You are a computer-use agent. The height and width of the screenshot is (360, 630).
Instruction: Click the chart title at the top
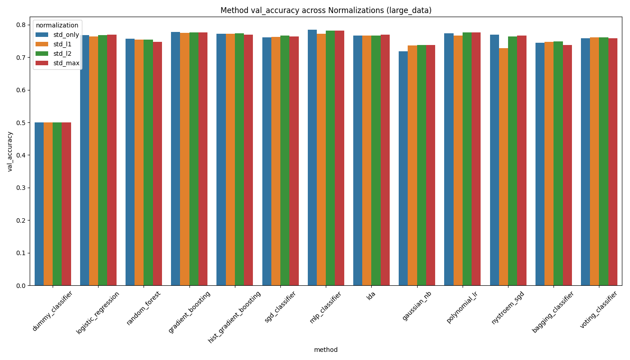coord(326,10)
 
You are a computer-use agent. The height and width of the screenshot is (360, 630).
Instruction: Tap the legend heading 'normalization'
coord(57,25)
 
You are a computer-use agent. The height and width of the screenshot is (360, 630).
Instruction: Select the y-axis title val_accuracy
coord(10,151)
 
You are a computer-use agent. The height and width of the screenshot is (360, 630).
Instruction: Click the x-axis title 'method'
coord(326,350)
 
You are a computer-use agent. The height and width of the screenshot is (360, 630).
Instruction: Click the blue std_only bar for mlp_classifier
coord(312,157)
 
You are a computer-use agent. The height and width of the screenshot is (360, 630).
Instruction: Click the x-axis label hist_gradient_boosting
coord(235,317)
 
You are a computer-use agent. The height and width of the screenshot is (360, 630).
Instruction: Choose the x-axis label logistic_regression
coord(99,312)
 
